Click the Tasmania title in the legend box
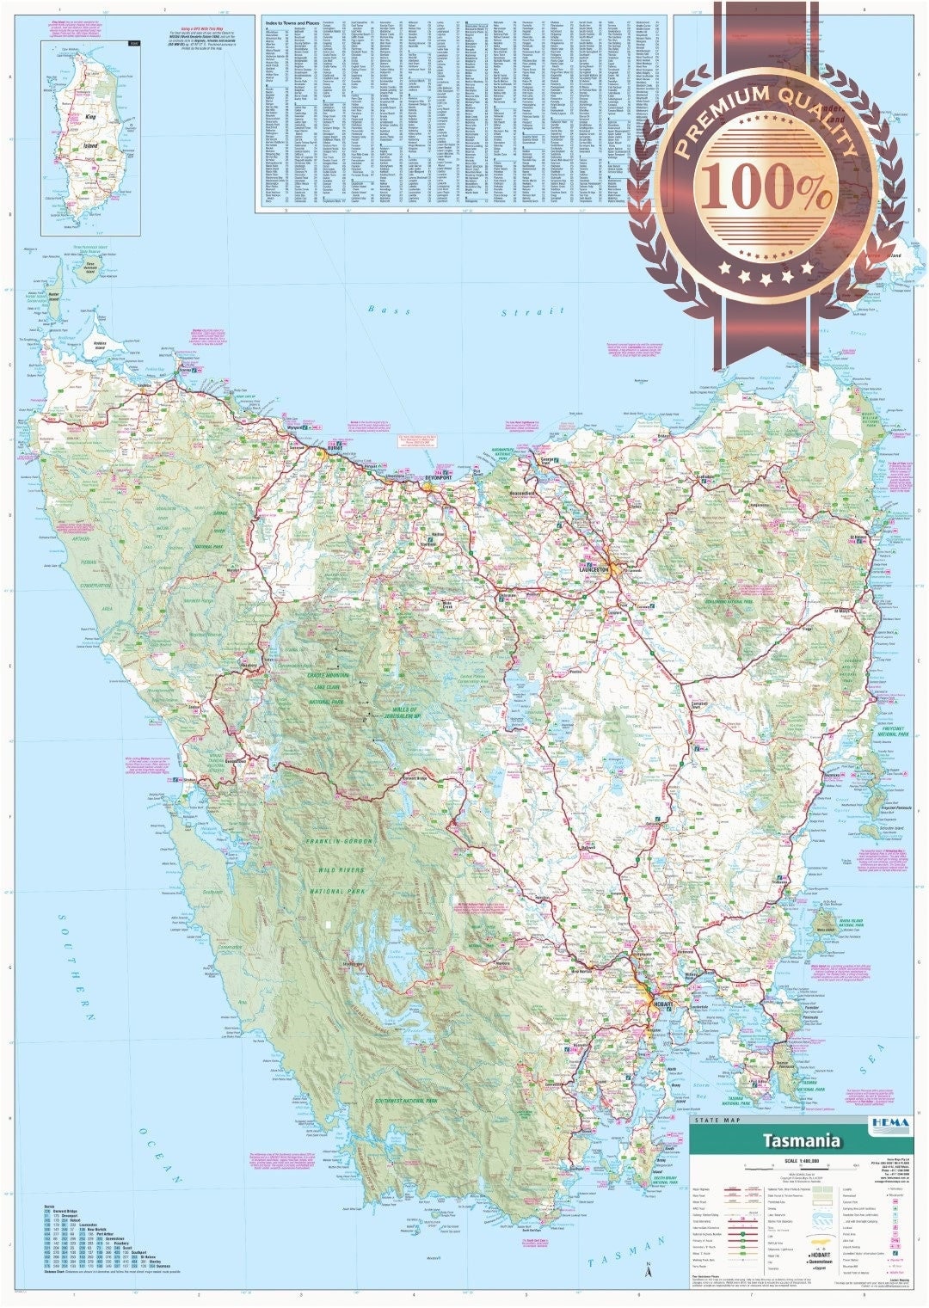(x=801, y=1141)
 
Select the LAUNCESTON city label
(x=594, y=569)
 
